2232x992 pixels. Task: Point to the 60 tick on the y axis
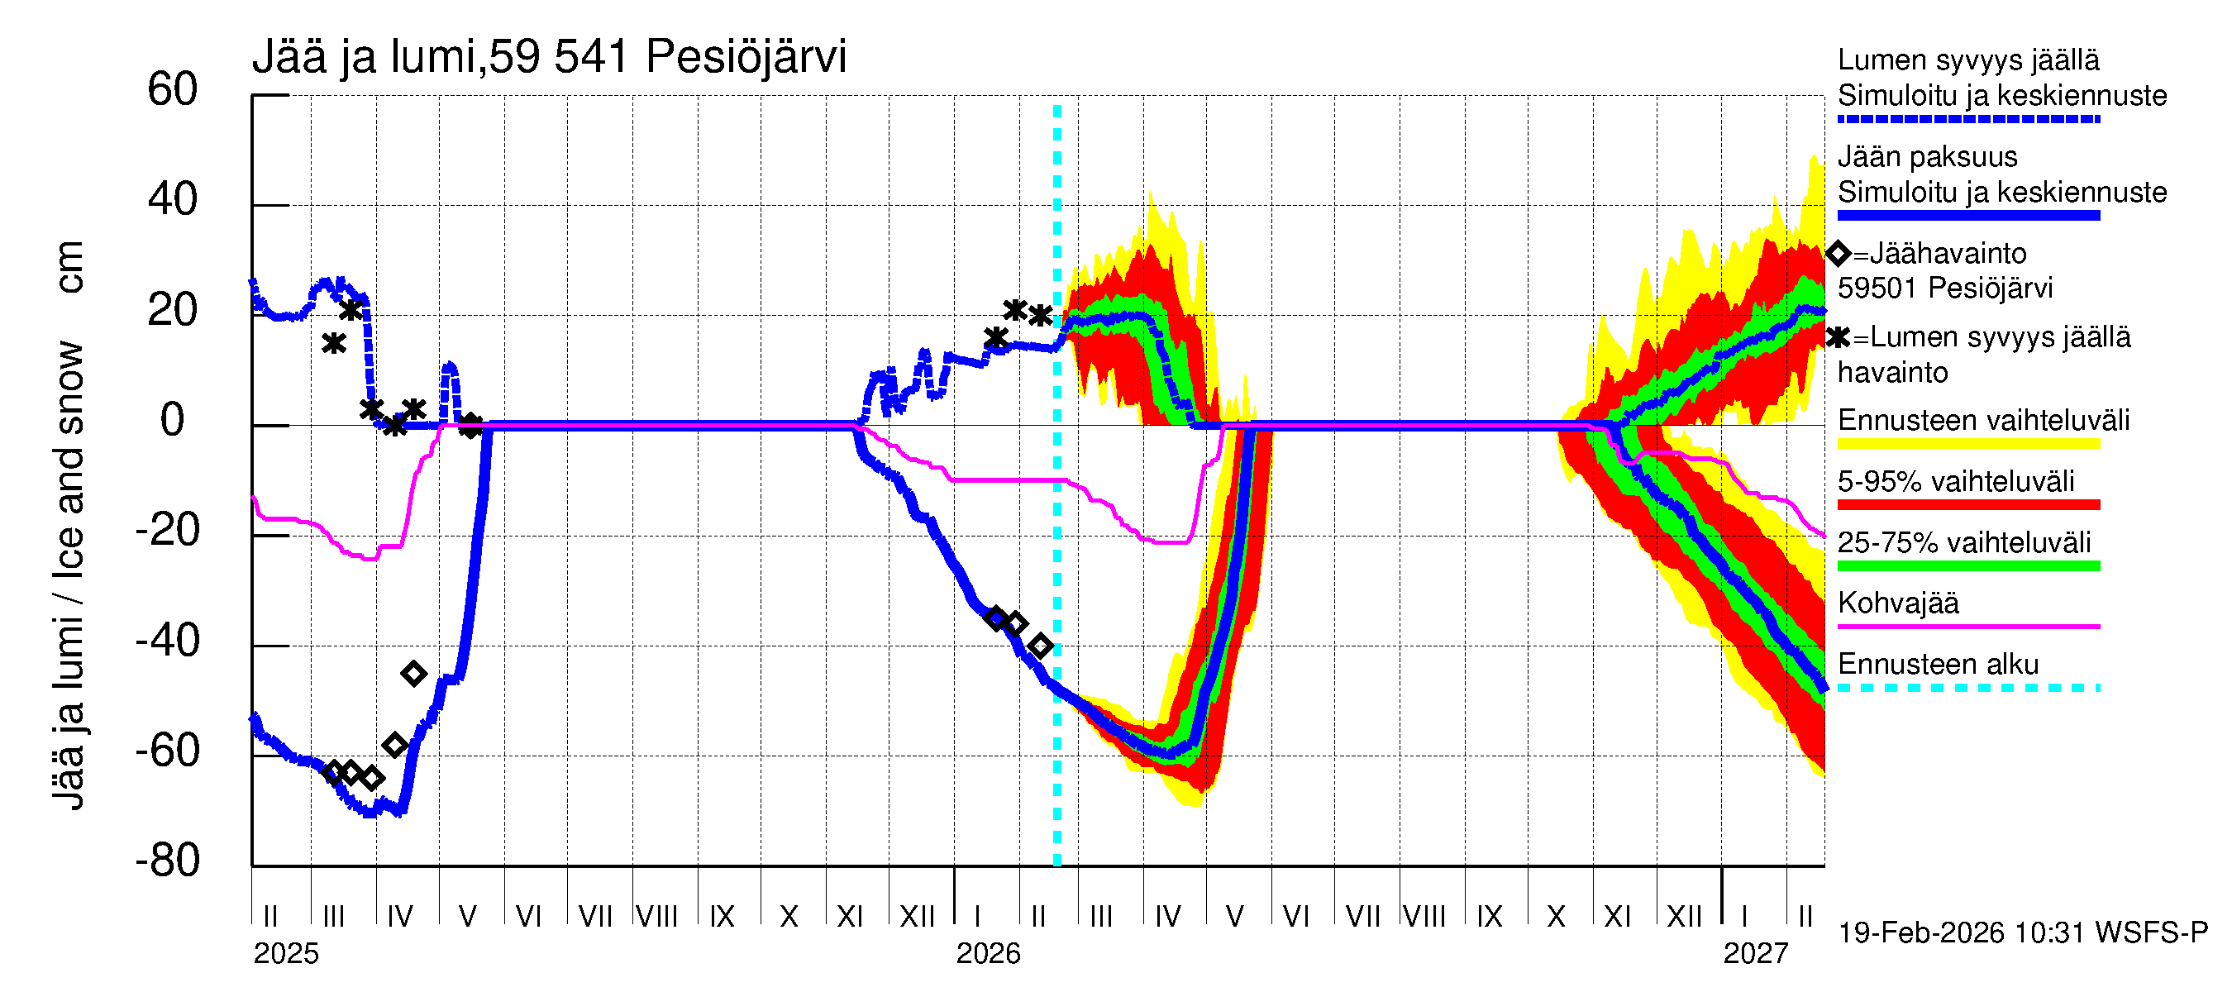pos(173,90)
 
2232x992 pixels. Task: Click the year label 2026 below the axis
pos(988,954)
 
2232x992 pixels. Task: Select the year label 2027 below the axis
pos(1754,954)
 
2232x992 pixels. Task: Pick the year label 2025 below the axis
pos(286,954)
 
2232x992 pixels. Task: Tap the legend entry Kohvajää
pos(1897,603)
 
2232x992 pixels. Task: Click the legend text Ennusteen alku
pos(1938,665)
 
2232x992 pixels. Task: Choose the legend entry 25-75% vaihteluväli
pos(1963,543)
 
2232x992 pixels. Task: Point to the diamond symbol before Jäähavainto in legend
pos(1838,254)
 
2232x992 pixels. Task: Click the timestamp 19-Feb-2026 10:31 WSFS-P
pos(2022,933)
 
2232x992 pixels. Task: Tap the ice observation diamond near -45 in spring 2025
pos(413,674)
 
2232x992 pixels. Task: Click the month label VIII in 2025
pos(656,917)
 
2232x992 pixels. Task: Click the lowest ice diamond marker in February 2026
pos(1041,646)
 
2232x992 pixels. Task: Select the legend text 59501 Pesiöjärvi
pos(1944,289)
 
